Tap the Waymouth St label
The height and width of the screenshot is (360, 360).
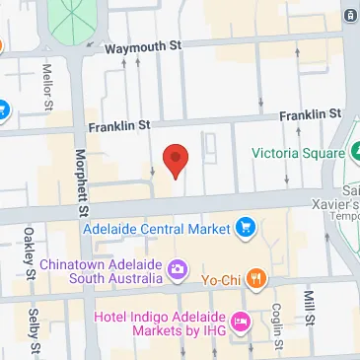144,45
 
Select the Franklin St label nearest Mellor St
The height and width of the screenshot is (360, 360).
118,126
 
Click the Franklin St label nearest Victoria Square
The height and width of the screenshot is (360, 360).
310,115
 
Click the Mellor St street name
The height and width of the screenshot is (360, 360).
46,87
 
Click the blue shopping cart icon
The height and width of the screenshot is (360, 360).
245,230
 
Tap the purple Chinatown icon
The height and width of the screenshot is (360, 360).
177,266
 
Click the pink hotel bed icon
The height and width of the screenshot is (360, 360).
239,322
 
